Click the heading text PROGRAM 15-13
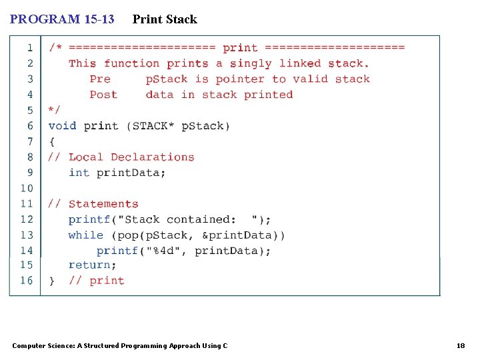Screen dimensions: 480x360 pos(61,19)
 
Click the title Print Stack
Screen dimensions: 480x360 pos(165,19)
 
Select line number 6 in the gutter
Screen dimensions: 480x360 pos(30,126)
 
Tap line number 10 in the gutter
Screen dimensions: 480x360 pos(27,188)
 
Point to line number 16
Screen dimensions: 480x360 pos(27,281)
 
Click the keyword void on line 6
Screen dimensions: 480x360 pos(62,126)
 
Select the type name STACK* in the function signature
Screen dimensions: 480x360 pos(153,126)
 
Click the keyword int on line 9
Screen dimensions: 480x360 pos(79,173)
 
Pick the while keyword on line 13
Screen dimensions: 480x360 pos(85,235)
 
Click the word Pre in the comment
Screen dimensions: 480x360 pos(100,79)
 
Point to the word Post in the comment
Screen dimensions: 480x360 pos(103,95)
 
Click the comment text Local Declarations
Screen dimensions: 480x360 pos(131,157)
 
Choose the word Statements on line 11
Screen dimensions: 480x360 pos(103,204)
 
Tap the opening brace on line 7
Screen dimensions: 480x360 pos(51,141)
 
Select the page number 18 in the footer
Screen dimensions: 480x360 pos(460,345)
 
